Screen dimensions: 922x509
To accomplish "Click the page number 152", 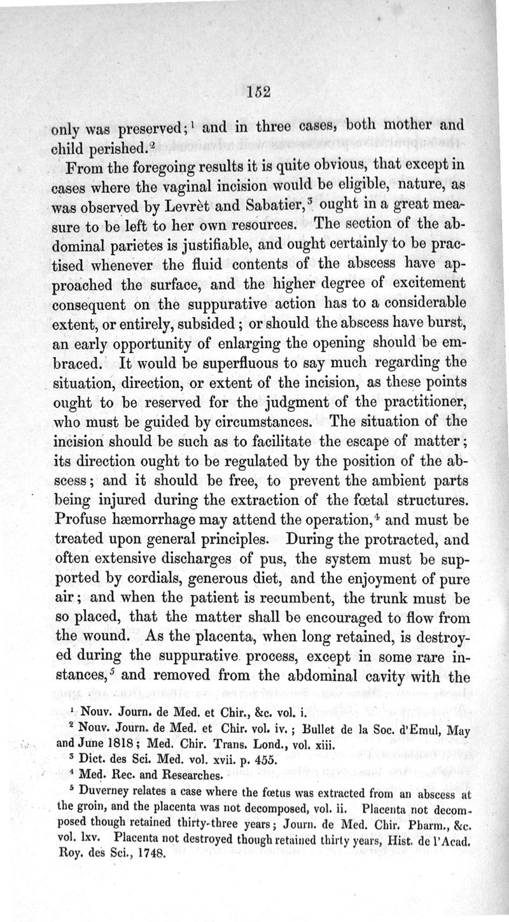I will coord(259,90).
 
